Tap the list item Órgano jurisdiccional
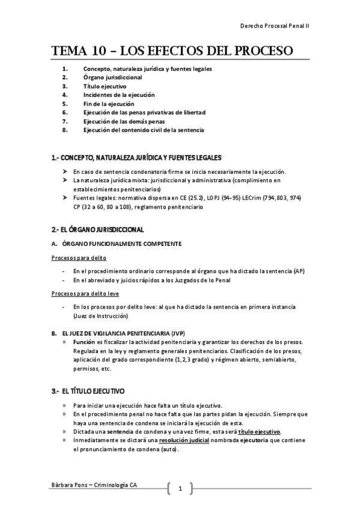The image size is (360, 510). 113,77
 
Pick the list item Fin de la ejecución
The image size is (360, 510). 109,103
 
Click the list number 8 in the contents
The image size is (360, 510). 64,129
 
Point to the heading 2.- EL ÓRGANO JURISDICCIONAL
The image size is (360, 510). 97,229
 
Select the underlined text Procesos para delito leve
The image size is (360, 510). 84,293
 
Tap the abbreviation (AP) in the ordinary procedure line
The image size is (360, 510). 299,271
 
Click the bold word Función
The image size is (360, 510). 84,341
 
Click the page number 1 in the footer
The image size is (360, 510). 180,488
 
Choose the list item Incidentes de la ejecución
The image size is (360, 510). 119,94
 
